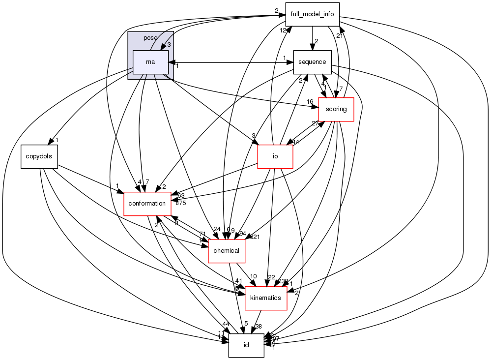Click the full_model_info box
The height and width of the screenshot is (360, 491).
point(312,14)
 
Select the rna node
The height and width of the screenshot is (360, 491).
point(151,62)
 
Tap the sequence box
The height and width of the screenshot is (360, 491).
point(312,62)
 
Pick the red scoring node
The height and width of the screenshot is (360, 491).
point(336,109)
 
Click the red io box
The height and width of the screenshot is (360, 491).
point(275,157)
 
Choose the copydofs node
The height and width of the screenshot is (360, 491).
point(39,156)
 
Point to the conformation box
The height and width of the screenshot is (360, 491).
point(147,204)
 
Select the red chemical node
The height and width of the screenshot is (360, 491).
point(227,250)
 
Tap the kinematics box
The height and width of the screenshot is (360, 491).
point(265,298)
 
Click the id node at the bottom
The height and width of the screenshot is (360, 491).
point(246,345)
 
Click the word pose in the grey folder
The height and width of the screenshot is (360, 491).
point(150,38)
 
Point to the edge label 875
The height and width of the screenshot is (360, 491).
point(180,203)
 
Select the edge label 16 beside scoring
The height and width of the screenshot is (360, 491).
point(310,102)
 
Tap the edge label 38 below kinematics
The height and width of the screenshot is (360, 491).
point(259,327)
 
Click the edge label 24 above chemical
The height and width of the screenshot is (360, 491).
point(217,229)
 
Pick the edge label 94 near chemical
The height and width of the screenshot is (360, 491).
point(243,233)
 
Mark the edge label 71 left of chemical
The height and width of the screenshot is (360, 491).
point(202,234)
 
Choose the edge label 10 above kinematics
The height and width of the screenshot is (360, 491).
point(254,276)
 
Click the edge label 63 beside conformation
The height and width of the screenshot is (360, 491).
point(181,196)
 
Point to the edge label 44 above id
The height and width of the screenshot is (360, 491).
point(226,324)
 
